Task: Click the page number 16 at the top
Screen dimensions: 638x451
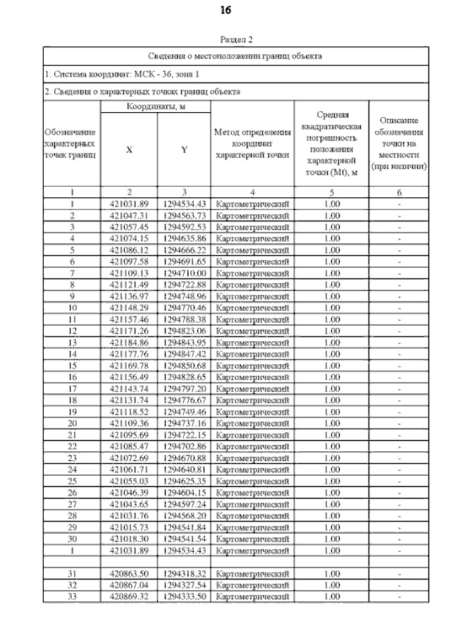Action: [225, 11]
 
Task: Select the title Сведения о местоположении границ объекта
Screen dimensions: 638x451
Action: [235, 55]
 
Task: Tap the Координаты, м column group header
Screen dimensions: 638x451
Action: [156, 106]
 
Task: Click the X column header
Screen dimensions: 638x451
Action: [129, 149]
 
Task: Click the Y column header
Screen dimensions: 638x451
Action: [184, 149]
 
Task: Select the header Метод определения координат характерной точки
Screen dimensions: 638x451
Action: [252, 143]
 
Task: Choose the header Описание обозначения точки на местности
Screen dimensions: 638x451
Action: [400, 144]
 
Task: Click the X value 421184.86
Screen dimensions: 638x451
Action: [129, 342]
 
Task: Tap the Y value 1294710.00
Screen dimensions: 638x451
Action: [184, 273]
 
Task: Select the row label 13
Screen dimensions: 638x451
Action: [72, 342]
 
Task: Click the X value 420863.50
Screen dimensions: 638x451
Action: [129, 574]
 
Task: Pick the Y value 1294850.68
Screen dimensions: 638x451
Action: [184, 365]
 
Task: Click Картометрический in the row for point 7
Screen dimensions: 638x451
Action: [252, 273]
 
